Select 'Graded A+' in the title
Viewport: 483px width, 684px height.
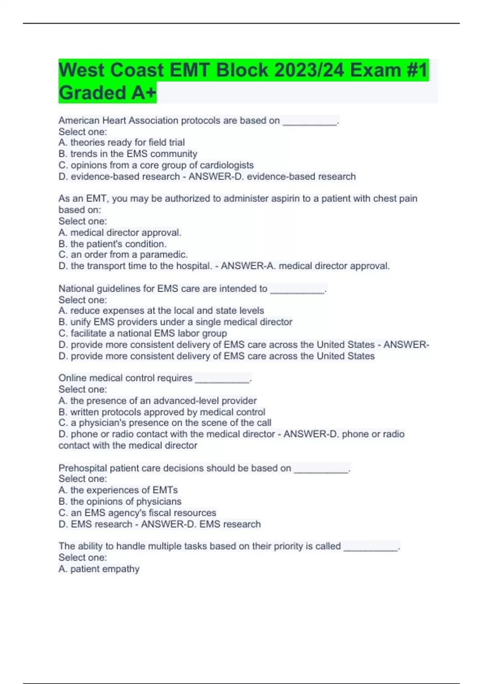[x=107, y=93]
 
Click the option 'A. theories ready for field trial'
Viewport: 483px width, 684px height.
[x=122, y=142]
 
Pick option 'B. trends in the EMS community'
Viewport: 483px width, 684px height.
[x=128, y=154]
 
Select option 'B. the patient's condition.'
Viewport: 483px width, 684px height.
[x=112, y=244]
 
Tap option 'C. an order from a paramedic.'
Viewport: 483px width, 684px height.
[x=123, y=255]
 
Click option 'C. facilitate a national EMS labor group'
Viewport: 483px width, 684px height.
[x=142, y=333]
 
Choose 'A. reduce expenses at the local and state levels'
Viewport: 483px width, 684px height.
[x=161, y=311]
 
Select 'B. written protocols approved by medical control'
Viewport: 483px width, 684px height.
[x=162, y=412]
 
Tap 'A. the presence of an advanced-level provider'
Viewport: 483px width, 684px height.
[x=157, y=401]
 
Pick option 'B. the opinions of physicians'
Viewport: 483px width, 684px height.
[x=120, y=501]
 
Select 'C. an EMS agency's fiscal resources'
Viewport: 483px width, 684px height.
[x=137, y=513]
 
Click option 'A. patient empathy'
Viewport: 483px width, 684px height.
[x=99, y=569]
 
